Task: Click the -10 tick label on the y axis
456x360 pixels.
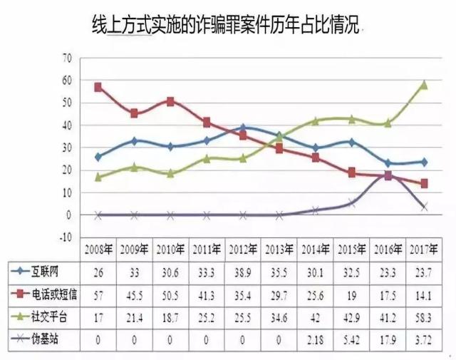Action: click(x=66, y=237)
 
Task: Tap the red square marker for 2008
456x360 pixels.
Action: click(x=98, y=87)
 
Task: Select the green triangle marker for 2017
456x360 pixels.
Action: click(x=424, y=84)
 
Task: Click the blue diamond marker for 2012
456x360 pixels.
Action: click(x=243, y=128)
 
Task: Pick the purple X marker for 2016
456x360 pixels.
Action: click(x=388, y=175)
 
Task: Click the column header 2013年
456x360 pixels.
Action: click(x=279, y=250)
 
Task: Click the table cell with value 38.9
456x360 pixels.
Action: click(x=243, y=271)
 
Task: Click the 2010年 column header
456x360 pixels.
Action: click(x=170, y=250)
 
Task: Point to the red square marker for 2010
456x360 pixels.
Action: click(x=170, y=101)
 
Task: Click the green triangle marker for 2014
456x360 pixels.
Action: click(x=316, y=121)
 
